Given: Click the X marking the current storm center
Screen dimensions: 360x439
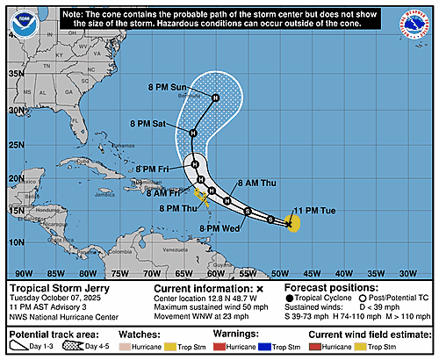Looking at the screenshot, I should (x=288, y=224).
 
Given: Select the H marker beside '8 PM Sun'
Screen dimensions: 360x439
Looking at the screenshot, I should (x=215, y=97).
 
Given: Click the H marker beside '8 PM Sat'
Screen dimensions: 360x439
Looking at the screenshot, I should (x=192, y=133).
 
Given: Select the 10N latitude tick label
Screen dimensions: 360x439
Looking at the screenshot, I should (x=14, y=241).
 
